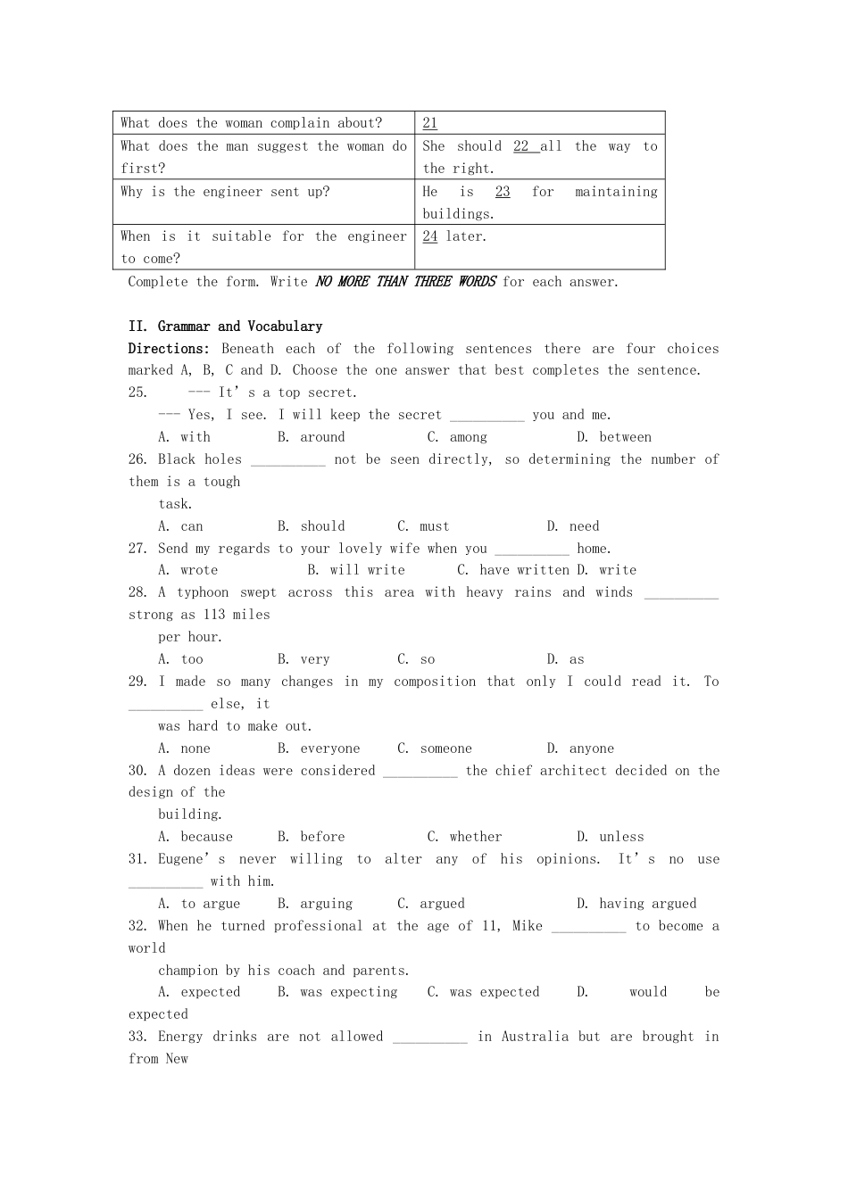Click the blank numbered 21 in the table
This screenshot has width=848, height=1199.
(430, 123)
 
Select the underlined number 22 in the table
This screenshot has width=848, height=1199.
(521, 146)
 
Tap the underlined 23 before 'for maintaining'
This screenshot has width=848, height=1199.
(503, 192)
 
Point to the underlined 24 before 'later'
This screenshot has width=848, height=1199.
(430, 236)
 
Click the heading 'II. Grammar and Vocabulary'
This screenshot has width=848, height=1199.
(225, 327)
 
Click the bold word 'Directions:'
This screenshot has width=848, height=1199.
(169, 349)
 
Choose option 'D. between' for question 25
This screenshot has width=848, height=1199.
(614, 437)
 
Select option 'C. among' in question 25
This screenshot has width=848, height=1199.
(457, 437)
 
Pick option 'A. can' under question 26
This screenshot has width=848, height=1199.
(180, 526)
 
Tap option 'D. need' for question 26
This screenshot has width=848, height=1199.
(573, 526)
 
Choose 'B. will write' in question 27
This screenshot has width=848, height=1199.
(356, 570)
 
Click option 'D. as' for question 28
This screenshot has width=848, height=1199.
(566, 659)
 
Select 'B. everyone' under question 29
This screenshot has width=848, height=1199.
(319, 748)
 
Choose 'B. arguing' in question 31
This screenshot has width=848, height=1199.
(315, 904)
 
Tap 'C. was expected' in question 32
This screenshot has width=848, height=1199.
(483, 992)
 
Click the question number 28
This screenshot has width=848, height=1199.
(137, 592)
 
